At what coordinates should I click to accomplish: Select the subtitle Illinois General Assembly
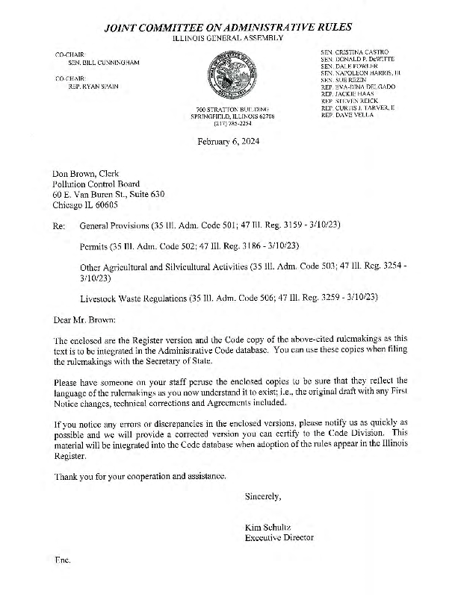[x=228, y=37]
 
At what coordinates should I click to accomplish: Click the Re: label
[x=59, y=225]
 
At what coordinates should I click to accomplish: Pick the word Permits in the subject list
[x=93, y=246]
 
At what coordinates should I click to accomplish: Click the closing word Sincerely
[x=263, y=496]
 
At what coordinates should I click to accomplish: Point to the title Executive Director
[x=279, y=537]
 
